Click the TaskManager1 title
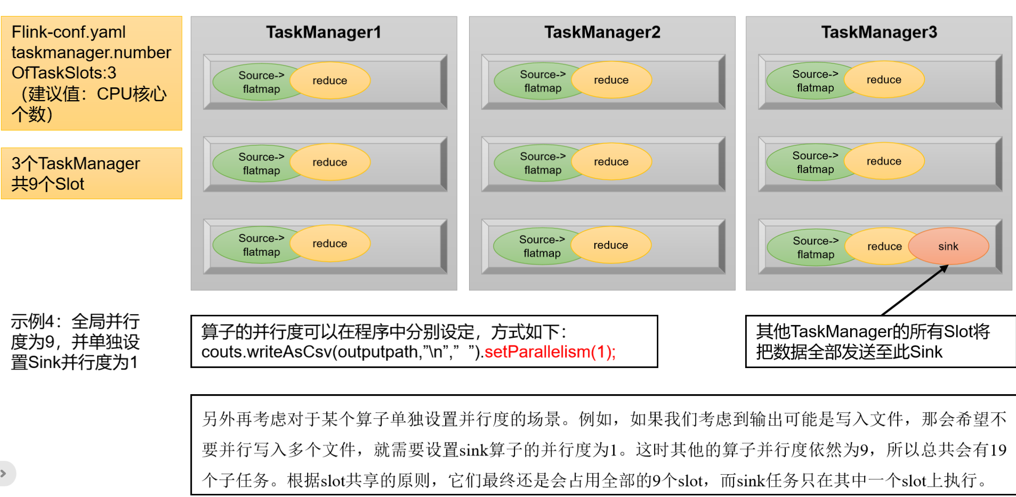(324, 32)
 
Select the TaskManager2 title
(602, 32)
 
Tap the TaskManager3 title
(878, 32)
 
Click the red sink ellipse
(948, 246)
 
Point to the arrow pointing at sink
(914, 291)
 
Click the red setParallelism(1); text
(550, 352)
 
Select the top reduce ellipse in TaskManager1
(330, 80)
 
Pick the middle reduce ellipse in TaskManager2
(611, 162)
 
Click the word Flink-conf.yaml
(69, 32)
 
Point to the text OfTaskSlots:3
(64, 72)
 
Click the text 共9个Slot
(48, 184)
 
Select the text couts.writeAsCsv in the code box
(267, 352)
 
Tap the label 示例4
(33, 322)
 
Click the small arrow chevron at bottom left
(4, 473)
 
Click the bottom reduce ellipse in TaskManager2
(611, 245)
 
